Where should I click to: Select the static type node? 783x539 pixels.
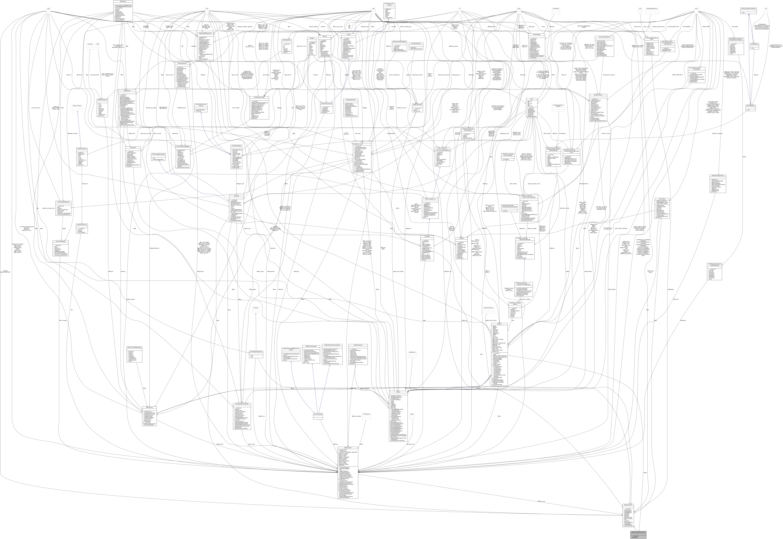tap(49, 9)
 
